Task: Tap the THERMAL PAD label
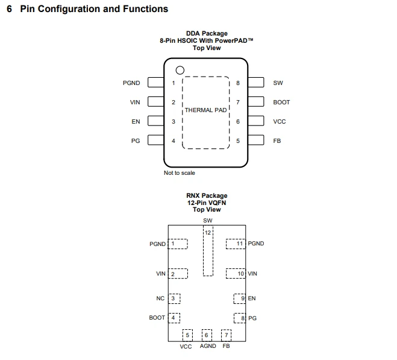click(x=205, y=110)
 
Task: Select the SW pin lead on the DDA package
click(x=256, y=83)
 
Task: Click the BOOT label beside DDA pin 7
click(x=281, y=102)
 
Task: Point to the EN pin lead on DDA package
click(x=155, y=121)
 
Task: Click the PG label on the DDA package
click(x=136, y=141)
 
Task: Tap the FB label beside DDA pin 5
click(x=277, y=141)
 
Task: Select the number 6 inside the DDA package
click(x=238, y=121)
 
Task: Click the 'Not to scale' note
click(x=180, y=173)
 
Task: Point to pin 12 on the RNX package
click(x=208, y=251)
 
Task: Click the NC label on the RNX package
click(x=160, y=298)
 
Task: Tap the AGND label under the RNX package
click(x=208, y=346)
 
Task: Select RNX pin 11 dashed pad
click(x=236, y=244)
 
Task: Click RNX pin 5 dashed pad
click(x=187, y=335)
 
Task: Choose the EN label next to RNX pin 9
click(x=252, y=298)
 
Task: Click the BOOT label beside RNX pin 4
click(x=157, y=318)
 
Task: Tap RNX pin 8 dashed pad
click(x=240, y=318)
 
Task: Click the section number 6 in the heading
click(x=10, y=9)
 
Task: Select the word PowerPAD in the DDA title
click(x=233, y=40)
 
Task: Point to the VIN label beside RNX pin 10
click(x=252, y=274)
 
